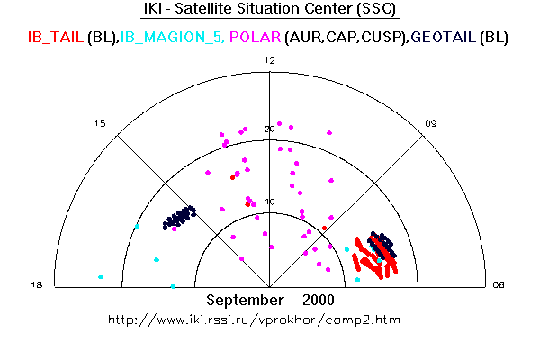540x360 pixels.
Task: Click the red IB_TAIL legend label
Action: pos(56,37)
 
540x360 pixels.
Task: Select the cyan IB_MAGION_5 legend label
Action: pos(171,37)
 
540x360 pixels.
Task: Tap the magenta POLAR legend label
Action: pos(256,37)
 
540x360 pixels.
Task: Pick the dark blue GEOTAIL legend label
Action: pos(444,37)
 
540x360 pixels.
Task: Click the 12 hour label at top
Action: pos(270,60)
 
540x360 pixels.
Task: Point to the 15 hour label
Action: pos(100,123)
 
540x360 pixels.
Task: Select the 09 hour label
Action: pos(430,123)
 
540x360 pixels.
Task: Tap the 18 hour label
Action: pos(37,285)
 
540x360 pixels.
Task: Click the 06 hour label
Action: pos(499,285)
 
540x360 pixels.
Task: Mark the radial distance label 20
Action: pos(270,130)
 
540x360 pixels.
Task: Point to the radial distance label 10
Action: pos(270,202)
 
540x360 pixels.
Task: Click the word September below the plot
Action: pos(245,300)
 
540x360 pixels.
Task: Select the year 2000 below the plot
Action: pos(319,300)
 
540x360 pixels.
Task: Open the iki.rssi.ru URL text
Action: pos(254,319)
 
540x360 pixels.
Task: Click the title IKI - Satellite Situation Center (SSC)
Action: pos(270,9)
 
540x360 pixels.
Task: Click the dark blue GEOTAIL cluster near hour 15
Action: pos(179,218)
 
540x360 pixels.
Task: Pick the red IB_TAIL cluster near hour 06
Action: pos(375,257)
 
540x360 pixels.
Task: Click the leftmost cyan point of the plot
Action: pos(101,276)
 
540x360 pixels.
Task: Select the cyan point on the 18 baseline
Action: pos(173,286)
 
